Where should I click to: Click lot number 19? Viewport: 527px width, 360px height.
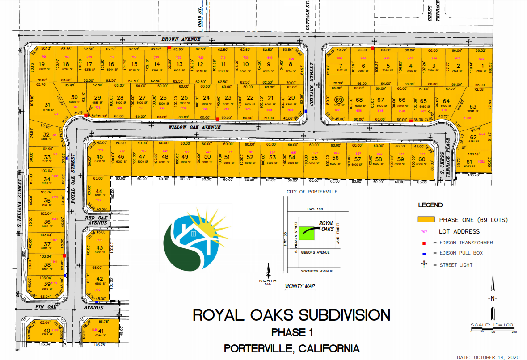click(42, 64)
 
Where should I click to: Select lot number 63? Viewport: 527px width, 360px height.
click(473, 106)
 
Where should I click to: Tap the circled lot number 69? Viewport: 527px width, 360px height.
click(338, 100)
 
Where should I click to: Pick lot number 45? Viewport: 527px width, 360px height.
click(99, 157)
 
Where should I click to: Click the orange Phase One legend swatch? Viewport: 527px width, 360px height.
click(426, 220)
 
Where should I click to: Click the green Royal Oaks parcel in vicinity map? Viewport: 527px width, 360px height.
click(306, 232)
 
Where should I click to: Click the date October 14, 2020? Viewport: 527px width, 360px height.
click(489, 356)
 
